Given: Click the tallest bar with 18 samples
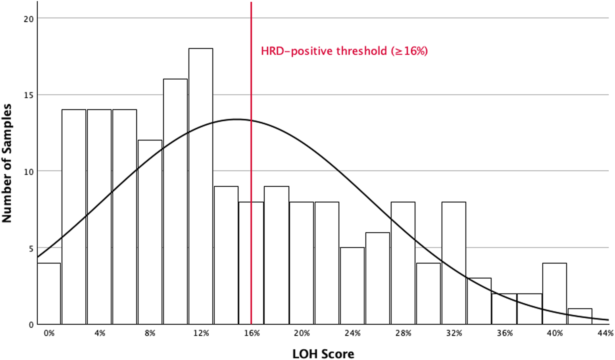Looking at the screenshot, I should [x=201, y=186].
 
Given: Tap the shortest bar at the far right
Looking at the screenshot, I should [x=580, y=316].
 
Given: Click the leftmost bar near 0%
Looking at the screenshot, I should [x=49, y=294].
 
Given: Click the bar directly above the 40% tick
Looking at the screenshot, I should [x=555, y=294].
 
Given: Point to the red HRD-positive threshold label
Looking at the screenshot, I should [x=344, y=51].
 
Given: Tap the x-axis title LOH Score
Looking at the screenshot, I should [x=323, y=354].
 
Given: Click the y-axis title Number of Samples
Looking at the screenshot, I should [x=7, y=163].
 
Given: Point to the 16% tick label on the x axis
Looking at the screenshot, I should [x=252, y=333].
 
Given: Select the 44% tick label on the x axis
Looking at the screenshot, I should [x=605, y=333].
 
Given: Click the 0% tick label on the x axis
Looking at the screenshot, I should [x=49, y=333].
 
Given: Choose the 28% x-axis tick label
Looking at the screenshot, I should [x=403, y=333].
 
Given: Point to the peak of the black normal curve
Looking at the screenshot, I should [x=236, y=119].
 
